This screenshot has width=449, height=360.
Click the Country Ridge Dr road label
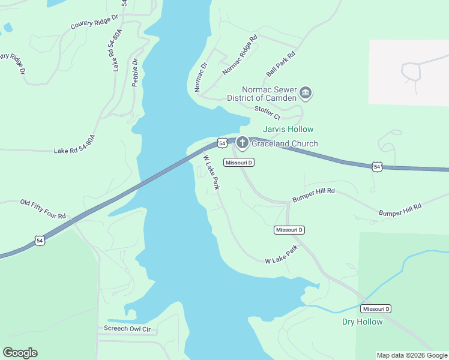pos(94,23)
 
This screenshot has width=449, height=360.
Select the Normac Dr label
pos(200,77)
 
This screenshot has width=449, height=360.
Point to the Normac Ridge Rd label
pos(240,55)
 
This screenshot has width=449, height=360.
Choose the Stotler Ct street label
pos(267,111)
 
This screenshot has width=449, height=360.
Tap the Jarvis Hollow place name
pos(288,129)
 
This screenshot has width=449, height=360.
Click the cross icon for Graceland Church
pos(242,143)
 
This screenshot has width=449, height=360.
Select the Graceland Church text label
pos(285,143)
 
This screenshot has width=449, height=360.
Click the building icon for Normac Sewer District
pos(306,93)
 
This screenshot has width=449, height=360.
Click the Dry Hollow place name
pos(363,322)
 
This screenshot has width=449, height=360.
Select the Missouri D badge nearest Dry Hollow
pos(376,308)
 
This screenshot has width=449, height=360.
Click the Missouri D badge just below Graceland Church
pos(239,163)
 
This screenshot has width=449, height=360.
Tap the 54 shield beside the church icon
pos(222,143)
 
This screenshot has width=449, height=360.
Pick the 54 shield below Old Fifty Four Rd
pos(40,241)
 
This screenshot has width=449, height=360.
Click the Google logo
pos(20,353)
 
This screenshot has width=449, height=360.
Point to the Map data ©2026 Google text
pos(412,355)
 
